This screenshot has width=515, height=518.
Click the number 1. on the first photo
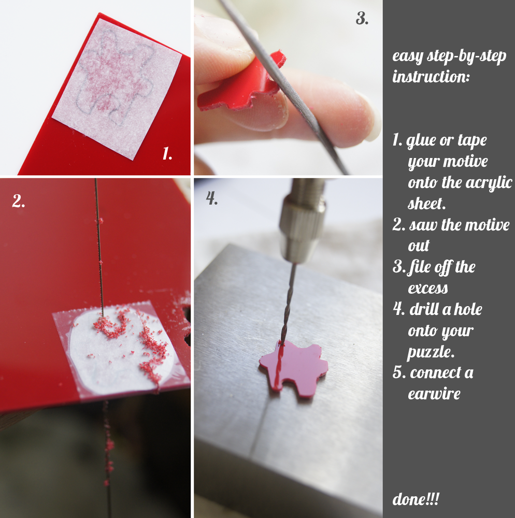pyautogui.click(x=167, y=154)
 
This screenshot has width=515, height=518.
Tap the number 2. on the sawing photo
pyautogui.click(x=19, y=201)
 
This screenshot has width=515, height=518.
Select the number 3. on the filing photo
pyautogui.click(x=362, y=19)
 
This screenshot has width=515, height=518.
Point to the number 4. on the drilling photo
pyautogui.click(x=212, y=198)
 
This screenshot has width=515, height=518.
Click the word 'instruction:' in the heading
pyautogui.click(x=431, y=77)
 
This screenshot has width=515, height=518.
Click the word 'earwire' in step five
pyautogui.click(x=434, y=394)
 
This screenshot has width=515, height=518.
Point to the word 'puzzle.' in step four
pyautogui.click(x=431, y=352)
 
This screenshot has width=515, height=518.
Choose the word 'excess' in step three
pyautogui.click(x=428, y=289)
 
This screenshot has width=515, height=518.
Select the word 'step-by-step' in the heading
pyautogui.click(x=466, y=56)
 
